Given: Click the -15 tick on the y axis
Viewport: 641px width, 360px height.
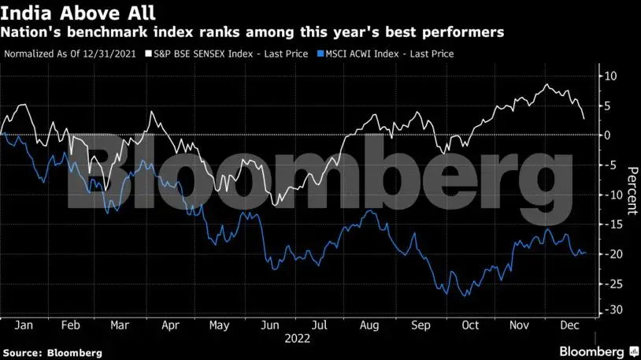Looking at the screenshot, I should (610, 225).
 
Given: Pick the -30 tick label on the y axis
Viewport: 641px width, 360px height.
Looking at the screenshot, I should (610, 310).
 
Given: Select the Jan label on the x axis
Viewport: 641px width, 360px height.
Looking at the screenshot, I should (24, 324).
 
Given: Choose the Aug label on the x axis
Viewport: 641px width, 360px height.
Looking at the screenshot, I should (368, 324).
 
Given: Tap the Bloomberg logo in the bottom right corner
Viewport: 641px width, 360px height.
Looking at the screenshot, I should (592, 350).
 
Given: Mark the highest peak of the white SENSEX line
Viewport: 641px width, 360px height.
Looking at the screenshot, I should (546, 84).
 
